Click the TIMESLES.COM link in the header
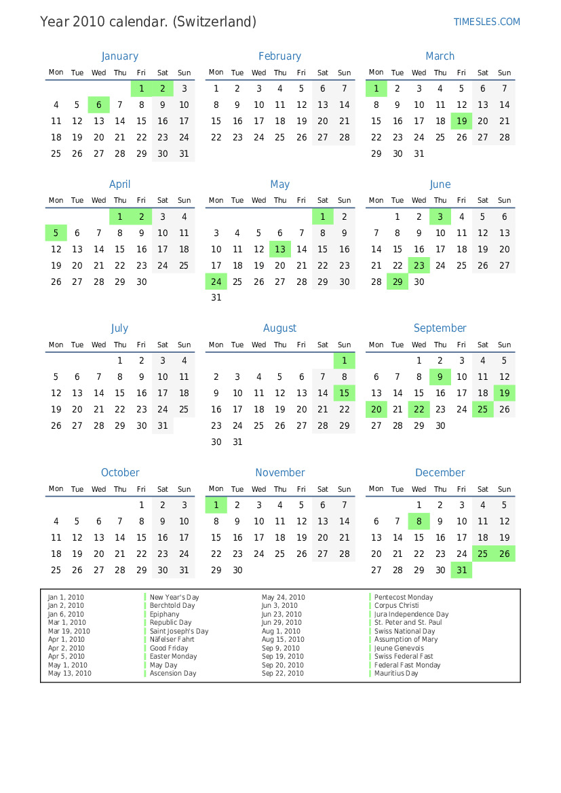tap(486, 22)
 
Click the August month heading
tap(279, 328)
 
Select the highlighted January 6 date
tap(98, 105)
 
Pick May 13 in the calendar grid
tap(280, 250)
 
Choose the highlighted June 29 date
tap(398, 282)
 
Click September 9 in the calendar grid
tap(440, 377)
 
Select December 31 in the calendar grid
tap(461, 570)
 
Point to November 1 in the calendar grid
tap(216, 505)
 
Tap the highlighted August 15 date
tap(344, 393)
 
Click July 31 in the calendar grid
tap(163, 426)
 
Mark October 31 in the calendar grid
tap(184, 570)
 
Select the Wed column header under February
tap(258, 73)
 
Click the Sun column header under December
tap(504, 489)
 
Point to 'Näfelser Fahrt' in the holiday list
tap(172, 640)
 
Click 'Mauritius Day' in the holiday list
tap(396, 674)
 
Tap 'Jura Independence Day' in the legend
tap(411, 615)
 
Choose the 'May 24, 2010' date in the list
tap(284, 598)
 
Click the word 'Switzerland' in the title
tap(214, 22)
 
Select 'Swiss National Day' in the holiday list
tap(404, 632)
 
